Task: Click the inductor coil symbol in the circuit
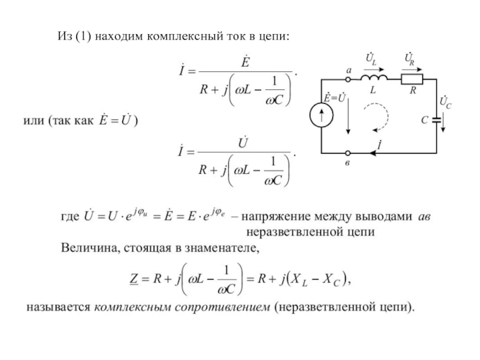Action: click(x=374, y=78)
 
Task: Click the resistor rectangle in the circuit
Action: click(x=412, y=79)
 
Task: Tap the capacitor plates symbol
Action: click(x=437, y=120)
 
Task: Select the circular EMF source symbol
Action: click(x=322, y=116)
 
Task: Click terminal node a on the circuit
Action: click(x=348, y=79)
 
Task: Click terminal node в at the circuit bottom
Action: click(x=348, y=153)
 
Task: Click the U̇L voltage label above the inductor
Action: click(x=371, y=59)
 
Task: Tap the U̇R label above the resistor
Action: click(x=410, y=59)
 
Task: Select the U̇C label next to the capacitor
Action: click(x=445, y=102)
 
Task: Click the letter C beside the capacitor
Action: click(x=425, y=120)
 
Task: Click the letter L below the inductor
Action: click(x=373, y=90)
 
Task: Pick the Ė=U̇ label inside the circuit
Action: click(x=335, y=98)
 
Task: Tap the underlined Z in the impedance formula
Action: click(x=134, y=279)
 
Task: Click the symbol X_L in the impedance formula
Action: click(x=298, y=280)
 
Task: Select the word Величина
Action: click(x=90, y=247)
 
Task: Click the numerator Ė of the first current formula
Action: click(x=245, y=62)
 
